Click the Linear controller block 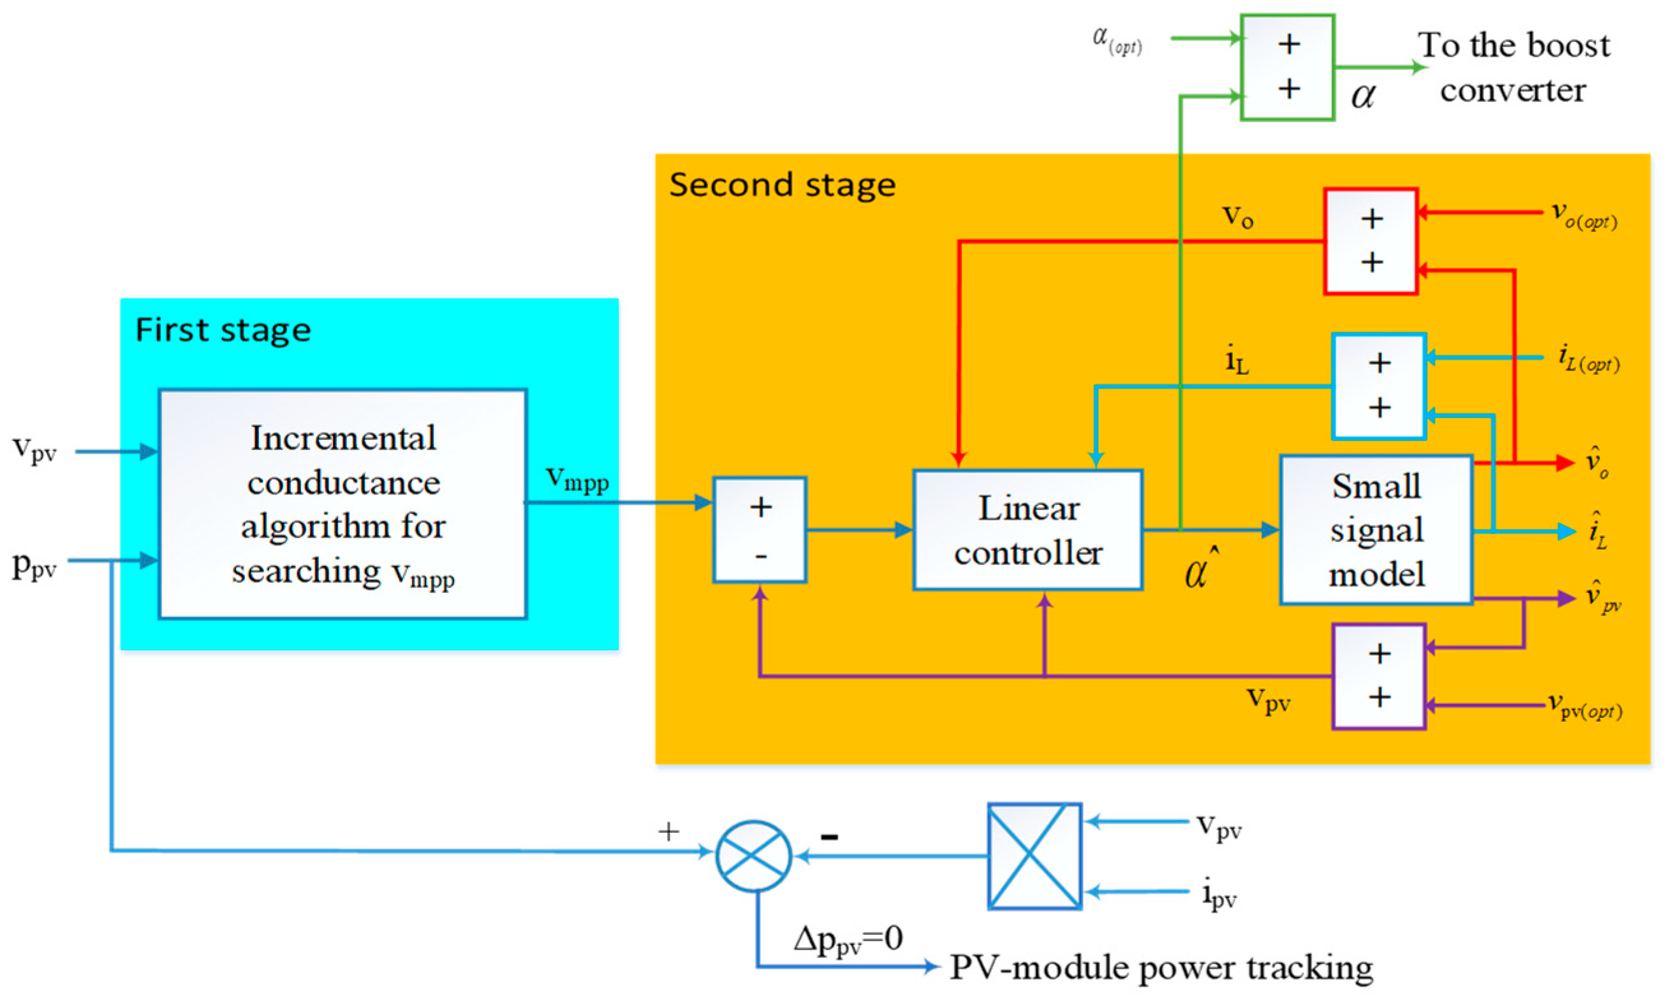[1027, 529]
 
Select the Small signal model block [1375, 529]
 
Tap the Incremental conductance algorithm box [342, 504]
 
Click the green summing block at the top [1287, 68]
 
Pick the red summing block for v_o [1371, 241]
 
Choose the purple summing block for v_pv [1379, 676]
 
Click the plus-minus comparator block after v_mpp [760, 529]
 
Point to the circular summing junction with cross [753, 856]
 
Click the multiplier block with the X [1034, 856]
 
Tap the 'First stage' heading [223, 330]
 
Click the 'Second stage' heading [782, 186]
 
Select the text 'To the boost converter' [1513, 68]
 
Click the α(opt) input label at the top [1117, 40]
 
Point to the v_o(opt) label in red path [1584, 216]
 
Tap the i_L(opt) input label [1588, 358]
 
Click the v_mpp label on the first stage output [577, 480]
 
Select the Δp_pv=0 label [848, 939]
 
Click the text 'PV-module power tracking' [1160, 968]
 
